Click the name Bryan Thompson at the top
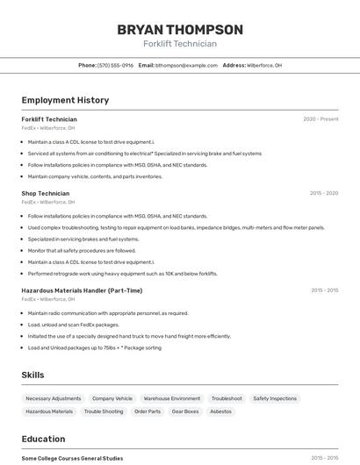[180, 29]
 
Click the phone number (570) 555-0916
[115, 65]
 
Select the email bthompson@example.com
[186, 65]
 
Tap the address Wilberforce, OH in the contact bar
[264, 65]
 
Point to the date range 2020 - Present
[320, 119]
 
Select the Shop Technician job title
[46, 193]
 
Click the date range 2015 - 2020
[324, 193]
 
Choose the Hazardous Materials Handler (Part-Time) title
[82, 290]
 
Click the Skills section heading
[32, 375]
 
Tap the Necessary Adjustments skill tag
[54, 398]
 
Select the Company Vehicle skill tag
[112, 398]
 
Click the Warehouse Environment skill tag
[172, 398]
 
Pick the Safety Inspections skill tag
[275, 398]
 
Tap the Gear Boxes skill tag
[185, 411]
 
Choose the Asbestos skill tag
[221, 411]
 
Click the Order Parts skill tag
[148, 411]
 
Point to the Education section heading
[43, 439]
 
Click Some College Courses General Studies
[72, 458]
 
